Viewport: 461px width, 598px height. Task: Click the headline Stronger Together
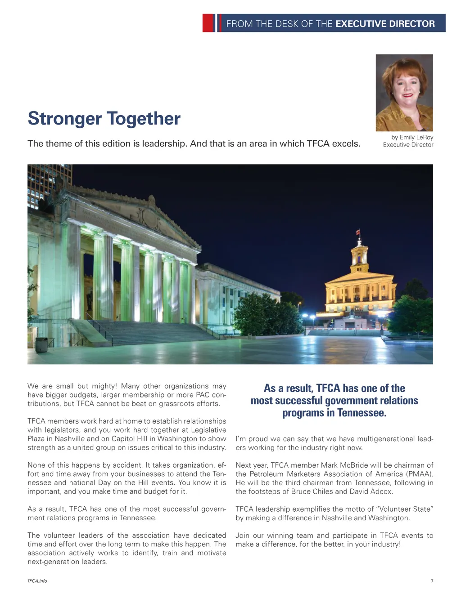(104, 119)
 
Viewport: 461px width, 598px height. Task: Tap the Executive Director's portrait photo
(404, 93)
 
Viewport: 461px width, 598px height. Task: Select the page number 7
(432, 581)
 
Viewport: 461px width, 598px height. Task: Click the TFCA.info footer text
(37, 581)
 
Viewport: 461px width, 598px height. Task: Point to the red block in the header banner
(208, 23)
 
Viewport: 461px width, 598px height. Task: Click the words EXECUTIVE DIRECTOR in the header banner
(385, 24)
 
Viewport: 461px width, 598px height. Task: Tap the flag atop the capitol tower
(358, 232)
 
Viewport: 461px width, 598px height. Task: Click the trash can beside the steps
(41, 344)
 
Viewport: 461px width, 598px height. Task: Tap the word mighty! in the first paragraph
(104, 386)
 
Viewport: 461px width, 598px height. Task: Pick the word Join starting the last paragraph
(243, 536)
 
